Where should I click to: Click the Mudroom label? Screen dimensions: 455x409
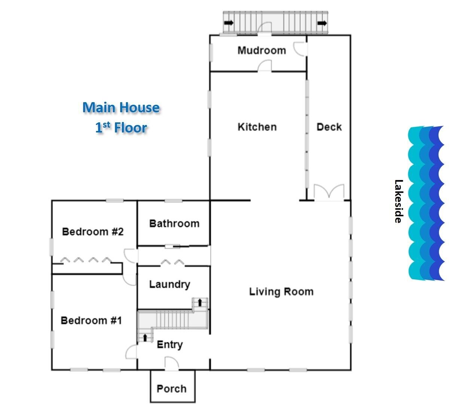click(262, 51)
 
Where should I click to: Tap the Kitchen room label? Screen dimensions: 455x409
click(257, 127)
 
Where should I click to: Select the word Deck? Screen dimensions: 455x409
click(329, 127)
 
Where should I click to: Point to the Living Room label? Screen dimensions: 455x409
click(281, 292)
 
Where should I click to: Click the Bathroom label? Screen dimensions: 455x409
click(174, 224)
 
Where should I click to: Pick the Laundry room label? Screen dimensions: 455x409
click(170, 284)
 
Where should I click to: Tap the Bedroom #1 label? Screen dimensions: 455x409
click(91, 321)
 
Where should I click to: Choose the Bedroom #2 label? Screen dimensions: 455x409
click(92, 232)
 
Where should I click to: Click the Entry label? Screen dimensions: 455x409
click(170, 345)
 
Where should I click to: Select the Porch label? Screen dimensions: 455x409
click(171, 388)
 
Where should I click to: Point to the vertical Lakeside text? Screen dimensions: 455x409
click(399, 201)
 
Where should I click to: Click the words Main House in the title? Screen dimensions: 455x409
click(121, 107)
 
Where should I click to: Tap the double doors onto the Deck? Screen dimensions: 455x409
click(329, 193)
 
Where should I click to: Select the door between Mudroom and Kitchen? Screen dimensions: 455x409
click(265, 65)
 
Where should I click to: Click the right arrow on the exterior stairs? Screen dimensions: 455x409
click(322, 23)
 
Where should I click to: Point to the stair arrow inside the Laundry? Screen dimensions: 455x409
click(200, 302)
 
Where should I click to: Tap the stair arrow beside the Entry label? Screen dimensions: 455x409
click(145, 338)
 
